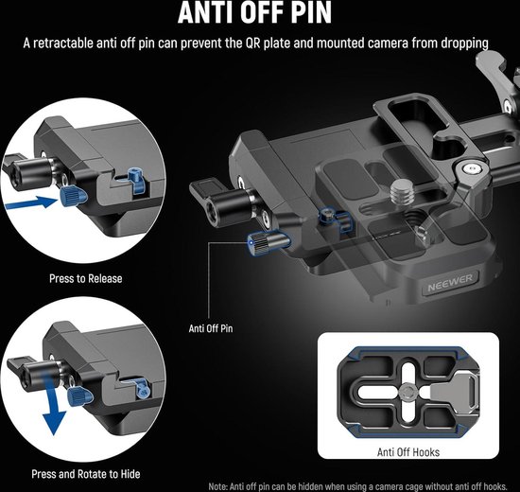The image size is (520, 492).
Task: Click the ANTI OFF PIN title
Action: click(x=254, y=12)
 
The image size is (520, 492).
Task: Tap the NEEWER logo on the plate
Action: click(x=450, y=282)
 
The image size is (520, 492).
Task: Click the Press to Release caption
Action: click(x=85, y=278)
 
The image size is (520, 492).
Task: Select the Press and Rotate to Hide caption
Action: click(x=85, y=474)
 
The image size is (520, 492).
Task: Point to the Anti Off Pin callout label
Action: click(x=211, y=328)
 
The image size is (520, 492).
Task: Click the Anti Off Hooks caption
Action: click(x=408, y=452)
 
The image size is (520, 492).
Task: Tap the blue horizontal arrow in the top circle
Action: click(x=31, y=202)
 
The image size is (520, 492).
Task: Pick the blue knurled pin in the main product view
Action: click(x=268, y=244)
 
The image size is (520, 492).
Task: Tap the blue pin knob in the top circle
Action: click(x=74, y=196)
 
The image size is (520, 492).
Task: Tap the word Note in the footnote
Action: click(x=217, y=486)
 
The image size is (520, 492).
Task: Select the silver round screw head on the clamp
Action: click(x=472, y=169)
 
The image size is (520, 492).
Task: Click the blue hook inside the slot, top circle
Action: click(x=136, y=181)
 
